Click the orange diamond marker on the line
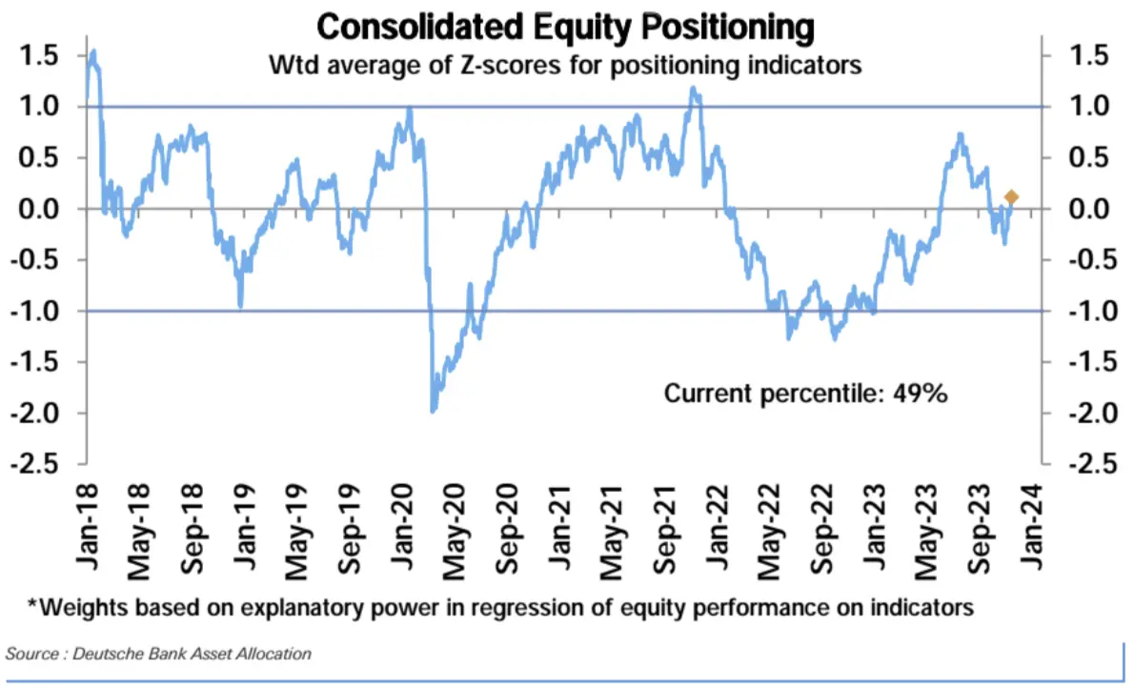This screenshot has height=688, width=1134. pos(1011,197)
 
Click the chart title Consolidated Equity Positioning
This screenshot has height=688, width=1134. pos(565,27)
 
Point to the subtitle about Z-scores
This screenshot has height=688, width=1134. pos(565,67)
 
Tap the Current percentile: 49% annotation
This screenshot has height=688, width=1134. pos(805,393)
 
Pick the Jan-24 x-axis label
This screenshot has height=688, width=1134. pos(1039,528)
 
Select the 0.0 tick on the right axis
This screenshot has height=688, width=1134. pos(1088,209)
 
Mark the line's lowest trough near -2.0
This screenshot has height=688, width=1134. pos(434,410)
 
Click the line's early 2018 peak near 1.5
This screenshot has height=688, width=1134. pos(92,52)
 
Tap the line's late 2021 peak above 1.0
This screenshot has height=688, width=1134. pos(693,90)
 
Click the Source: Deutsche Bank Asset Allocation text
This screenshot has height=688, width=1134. pos(159,654)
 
